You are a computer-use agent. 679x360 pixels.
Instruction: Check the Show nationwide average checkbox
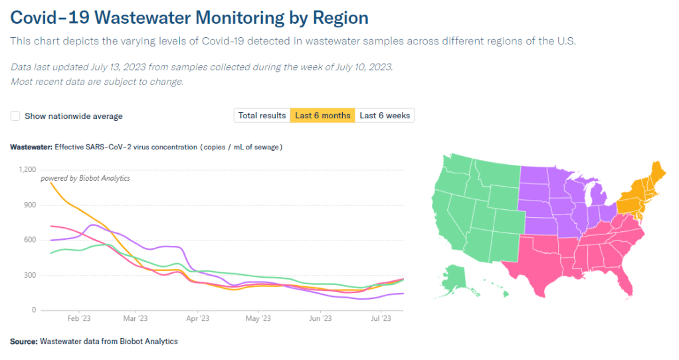[x=15, y=116]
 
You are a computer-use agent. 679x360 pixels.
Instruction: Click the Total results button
[x=262, y=116]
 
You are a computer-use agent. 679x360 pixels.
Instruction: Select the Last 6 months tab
[x=322, y=116]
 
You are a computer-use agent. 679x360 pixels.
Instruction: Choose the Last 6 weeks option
[x=385, y=116]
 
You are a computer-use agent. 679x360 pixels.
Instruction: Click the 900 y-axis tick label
[x=30, y=205]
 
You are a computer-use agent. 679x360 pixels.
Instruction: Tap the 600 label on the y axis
[x=30, y=240]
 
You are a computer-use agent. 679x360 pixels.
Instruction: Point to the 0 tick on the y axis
[x=34, y=310]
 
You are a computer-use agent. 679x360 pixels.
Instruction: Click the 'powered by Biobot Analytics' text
[x=85, y=178]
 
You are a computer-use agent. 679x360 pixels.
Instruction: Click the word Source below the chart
[x=24, y=341]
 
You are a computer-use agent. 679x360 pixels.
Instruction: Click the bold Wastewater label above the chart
[x=31, y=147]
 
